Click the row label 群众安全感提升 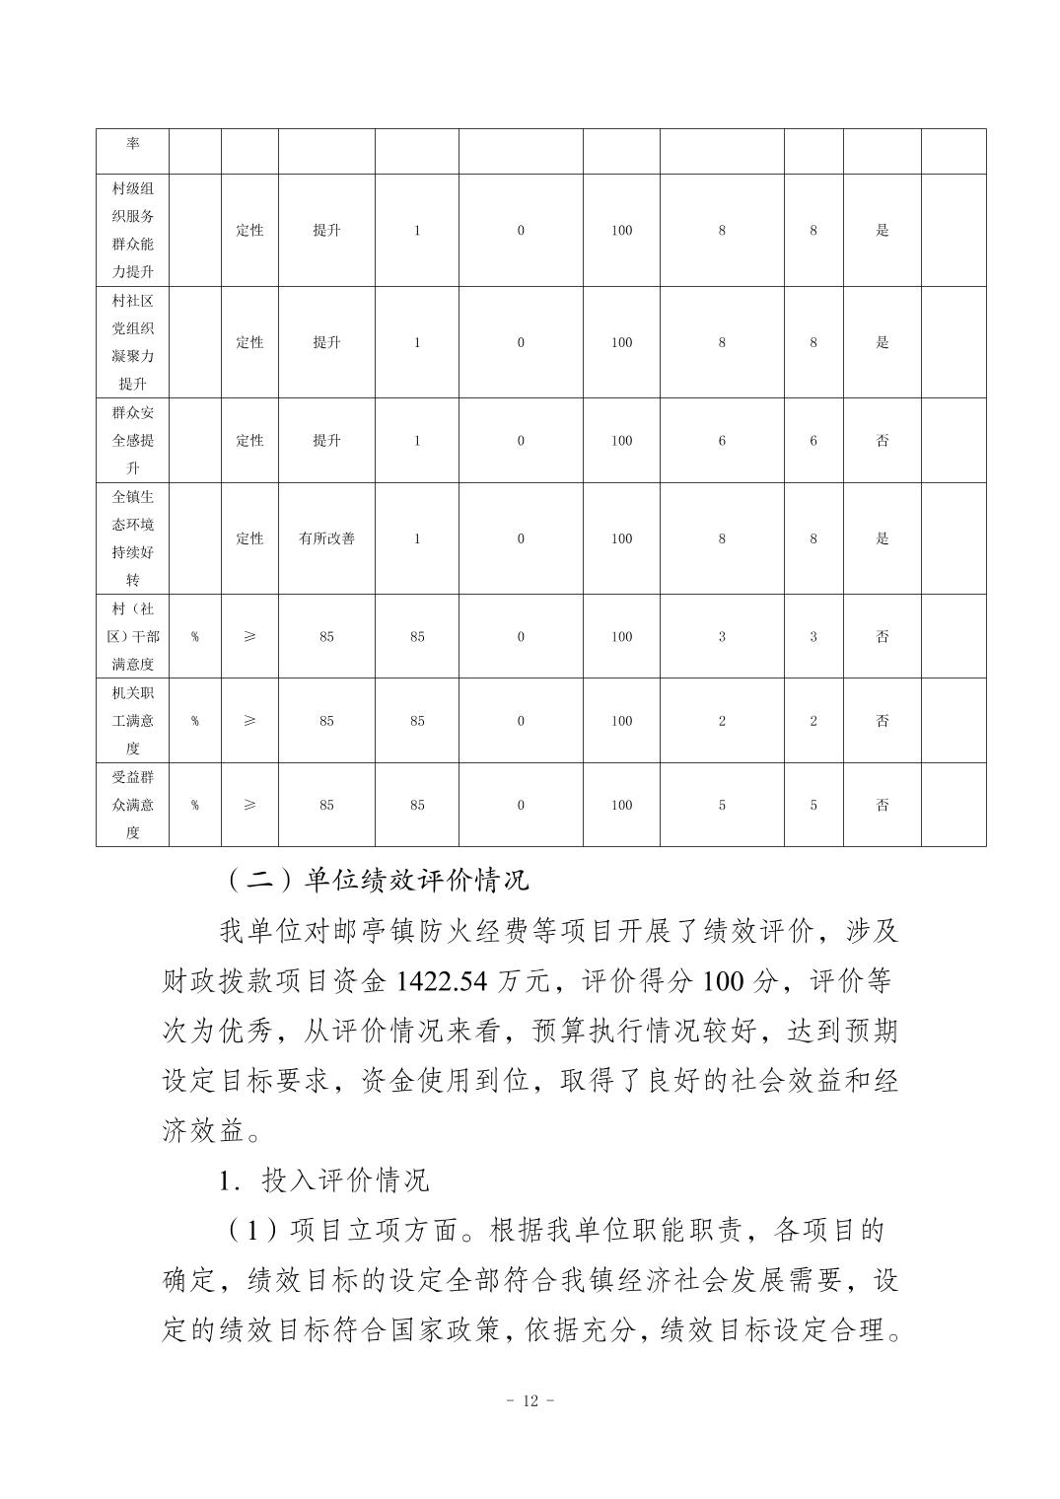132,440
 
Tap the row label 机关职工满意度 132,721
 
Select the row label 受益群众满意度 132,805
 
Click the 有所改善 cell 326,538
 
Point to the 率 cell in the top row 132,144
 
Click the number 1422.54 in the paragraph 443,981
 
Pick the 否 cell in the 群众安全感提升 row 883,441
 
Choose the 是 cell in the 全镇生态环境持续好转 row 883,538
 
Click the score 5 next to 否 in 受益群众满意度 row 813,805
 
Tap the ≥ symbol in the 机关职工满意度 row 249,721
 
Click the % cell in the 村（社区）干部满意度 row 194,637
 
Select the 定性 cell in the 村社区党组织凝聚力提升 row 249,342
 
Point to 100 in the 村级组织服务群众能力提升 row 621,231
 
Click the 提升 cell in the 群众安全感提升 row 326,441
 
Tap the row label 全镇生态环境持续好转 132,538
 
